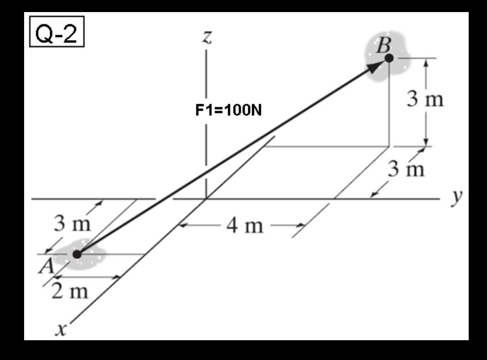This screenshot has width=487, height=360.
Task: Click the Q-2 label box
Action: tap(57, 35)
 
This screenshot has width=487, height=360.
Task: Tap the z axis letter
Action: tap(207, 38)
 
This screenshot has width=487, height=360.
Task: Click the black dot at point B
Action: tap(389, 58)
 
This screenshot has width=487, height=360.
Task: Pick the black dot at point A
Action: tap(77, 254)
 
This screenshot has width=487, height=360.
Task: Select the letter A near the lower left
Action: tap(46, 267)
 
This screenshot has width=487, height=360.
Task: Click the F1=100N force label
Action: tap(229, 111)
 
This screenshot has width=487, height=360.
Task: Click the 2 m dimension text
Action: tap(70, 291)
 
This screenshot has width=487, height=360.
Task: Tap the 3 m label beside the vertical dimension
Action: tap(424, 100)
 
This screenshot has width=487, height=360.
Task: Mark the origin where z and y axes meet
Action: tap(206, 198)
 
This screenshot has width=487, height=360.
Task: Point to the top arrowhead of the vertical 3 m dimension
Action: tap(425, 62)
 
